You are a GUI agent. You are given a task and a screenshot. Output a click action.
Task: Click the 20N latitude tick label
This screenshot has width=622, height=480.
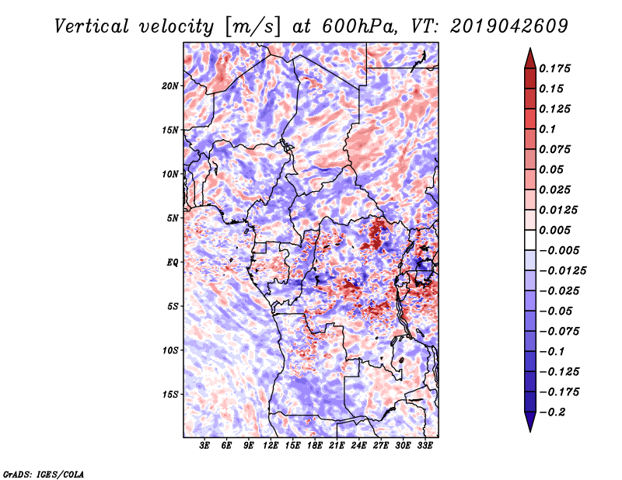point(170,85)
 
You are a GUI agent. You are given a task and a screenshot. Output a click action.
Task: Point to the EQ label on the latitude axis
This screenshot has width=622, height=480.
point(173,263)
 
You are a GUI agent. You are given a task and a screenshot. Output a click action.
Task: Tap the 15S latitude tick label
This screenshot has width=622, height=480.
point(170,395)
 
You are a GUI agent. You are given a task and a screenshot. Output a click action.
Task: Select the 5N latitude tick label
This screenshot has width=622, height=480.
point(173,218)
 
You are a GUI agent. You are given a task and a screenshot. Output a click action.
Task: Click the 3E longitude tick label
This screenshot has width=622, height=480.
point(204,445)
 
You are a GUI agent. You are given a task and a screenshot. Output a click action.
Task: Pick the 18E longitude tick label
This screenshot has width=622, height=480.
point(315,445)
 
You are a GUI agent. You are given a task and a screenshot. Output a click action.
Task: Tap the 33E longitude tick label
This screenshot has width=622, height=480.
point(425,445)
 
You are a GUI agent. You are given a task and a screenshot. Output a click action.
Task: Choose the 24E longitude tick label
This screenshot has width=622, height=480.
point(358,445)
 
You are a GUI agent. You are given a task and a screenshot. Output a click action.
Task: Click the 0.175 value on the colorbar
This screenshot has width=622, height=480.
point(554,68)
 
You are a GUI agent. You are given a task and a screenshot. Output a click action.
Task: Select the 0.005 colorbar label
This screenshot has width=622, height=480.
point(554,230)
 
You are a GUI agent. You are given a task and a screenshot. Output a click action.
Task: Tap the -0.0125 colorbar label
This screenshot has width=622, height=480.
point(562,271)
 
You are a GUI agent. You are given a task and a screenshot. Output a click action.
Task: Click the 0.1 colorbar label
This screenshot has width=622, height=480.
point(547,129)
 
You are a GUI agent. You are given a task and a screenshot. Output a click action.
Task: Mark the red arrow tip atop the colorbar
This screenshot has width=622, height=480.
point(530,49)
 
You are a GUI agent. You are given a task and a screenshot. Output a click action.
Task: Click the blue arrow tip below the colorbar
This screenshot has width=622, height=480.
point(530,431)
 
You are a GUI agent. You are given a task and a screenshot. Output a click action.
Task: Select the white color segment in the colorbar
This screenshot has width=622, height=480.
point(530,240)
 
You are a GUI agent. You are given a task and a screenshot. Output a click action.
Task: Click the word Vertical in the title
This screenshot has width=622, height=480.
point(92,26)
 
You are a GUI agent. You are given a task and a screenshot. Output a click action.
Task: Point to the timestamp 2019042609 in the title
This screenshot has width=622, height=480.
point(509,26)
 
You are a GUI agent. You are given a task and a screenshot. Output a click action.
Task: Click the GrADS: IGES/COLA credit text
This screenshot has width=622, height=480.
point(44,474)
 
